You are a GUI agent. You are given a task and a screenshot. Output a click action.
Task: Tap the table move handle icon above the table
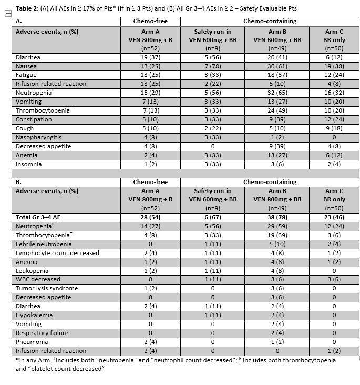[7, 14]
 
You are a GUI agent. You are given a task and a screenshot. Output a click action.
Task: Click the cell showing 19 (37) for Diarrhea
[150, 57]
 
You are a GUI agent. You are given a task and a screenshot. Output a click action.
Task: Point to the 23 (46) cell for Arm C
[335, 217]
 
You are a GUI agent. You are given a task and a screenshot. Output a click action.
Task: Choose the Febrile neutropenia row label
[44, 244]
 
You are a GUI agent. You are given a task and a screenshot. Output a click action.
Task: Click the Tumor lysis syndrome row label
[47, 288]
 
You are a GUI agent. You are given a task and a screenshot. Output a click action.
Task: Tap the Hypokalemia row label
[35, 315]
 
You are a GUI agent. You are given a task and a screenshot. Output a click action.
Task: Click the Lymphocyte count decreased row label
[57, 253]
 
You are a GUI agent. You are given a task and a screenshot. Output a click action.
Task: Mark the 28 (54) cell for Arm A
[150, 217]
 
